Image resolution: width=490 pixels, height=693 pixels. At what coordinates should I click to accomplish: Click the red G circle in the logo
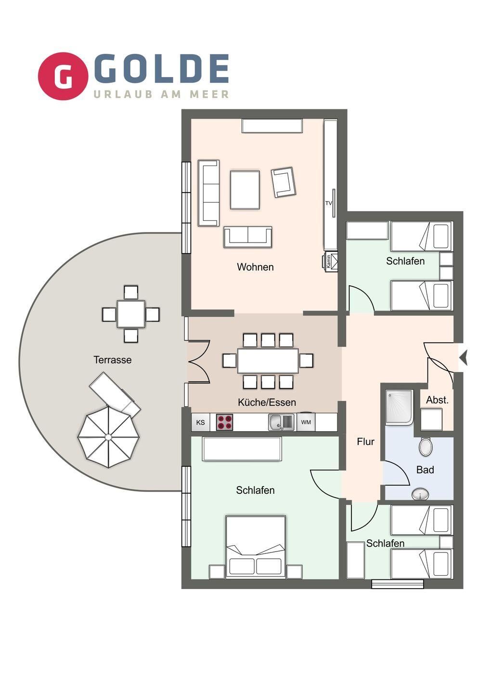click(x=63, y=76)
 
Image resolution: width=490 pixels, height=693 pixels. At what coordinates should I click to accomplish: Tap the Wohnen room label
click(x=255, y=267)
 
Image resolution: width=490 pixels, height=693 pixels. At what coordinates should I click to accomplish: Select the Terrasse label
click(x=112, y=360)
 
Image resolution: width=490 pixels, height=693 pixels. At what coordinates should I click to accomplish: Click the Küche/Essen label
click(x=267, y=402)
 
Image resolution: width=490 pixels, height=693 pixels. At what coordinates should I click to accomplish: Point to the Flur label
click(x=365, y=442)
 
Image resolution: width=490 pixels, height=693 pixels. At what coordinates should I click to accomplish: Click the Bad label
click(x=425, y=470)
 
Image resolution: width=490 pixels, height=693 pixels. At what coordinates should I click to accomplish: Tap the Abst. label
click(x=437, y=400)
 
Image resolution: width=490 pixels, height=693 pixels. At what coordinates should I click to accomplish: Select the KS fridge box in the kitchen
click(x=200, y=423)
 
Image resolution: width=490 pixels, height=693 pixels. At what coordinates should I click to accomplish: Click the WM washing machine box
click(x=306, y=422)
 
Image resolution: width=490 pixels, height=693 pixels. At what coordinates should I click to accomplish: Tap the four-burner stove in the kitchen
click(x=224, y=423)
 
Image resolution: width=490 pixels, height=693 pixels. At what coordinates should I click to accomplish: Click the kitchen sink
click(x=282, y=423)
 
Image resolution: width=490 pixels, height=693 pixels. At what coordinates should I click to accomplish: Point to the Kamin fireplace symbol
click(x=330, y=262)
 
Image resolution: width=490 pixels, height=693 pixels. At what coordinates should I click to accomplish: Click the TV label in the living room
click(x=328, y=203)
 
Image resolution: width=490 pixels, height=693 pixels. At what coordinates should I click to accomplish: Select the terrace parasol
click(x=108, y=437)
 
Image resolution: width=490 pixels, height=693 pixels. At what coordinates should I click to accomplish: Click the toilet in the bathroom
click(x=426, y=447)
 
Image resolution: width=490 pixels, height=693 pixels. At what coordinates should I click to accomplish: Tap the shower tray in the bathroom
click(x=399, y=407)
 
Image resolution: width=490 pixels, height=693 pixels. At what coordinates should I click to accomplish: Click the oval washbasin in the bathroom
click(x=420, y=494)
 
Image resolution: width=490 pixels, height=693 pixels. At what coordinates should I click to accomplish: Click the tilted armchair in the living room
click(x=284, y=182)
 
